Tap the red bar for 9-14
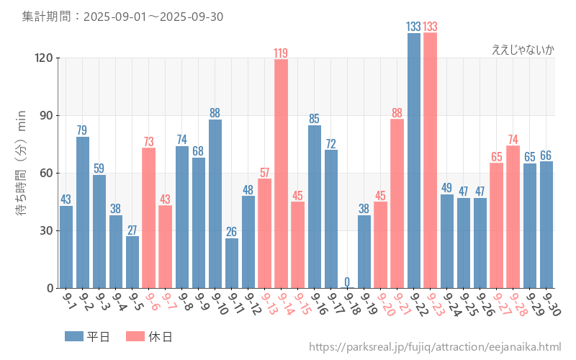(x=281, y=174)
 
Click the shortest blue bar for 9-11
(x=232, y=263)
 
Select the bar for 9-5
(x=132, y=262)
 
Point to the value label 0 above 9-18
(x=347, y=282)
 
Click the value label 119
(x=281, y=53)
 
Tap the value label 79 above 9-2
(x=83, y=130)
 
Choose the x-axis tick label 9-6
(x=151, y=301)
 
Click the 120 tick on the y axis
(x=45, y=58)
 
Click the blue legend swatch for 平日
(x=73, y=336)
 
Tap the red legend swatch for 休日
(x=135, y=336)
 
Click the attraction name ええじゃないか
(x=523, y=50)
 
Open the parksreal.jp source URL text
(x=435, y=347)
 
